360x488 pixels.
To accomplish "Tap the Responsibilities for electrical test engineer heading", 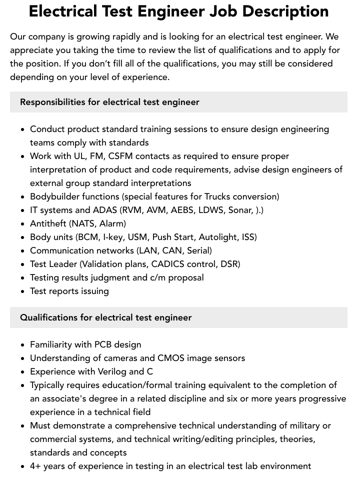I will point(109,102).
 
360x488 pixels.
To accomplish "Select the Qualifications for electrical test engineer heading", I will point(106,317).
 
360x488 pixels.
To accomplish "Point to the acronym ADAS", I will point(104,210).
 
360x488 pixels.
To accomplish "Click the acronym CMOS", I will point(171,358).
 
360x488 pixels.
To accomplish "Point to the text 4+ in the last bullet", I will point(36,466).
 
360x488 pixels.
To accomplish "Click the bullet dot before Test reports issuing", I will point(23,291).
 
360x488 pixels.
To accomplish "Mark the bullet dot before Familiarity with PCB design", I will point(23,345).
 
